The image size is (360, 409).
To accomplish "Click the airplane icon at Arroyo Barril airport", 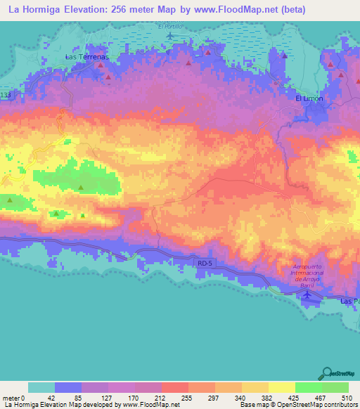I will click(x=307, y=296).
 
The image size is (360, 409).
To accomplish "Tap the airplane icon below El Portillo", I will click(x=169, y=34).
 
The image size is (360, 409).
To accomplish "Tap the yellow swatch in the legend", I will click(x=281, y=387).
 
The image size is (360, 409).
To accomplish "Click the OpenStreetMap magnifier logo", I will click(x=326, y=373).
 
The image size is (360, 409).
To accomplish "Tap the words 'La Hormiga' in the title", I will click(x=34, y=9).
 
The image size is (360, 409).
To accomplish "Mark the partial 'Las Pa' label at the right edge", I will click(x=349, y=301).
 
